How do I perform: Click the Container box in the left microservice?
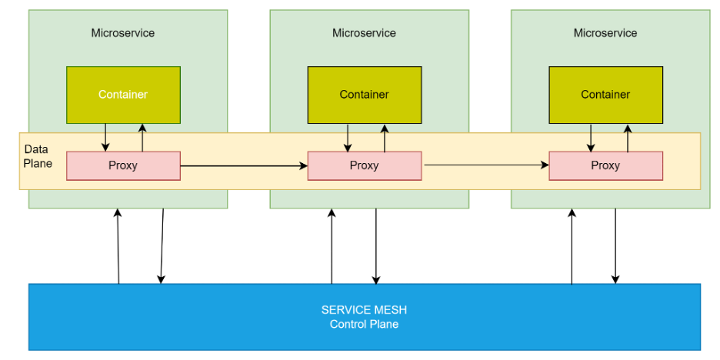[123, 95]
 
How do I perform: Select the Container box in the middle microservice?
[364, 95]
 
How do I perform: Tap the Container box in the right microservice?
[605, 95]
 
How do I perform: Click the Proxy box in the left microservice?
[123, 165]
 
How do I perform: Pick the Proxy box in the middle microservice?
[364, 165]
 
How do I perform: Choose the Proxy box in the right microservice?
[605, 165]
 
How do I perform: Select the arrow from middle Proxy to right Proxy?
[485, 165]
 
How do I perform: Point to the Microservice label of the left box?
[123, 33]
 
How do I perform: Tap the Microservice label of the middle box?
[364, 33]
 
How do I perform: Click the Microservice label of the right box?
[605, 33]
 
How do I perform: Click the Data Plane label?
[38, 156]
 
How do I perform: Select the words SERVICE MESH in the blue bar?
[364, 310]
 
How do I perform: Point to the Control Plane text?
[364, 324]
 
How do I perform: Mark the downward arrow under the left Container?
[105, 138]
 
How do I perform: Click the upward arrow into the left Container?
[142, 138]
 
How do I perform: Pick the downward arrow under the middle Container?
[348, 138]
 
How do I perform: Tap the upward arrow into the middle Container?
[384, 138]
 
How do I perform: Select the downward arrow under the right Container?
[591, 138]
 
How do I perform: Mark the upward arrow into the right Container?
[627, 138]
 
